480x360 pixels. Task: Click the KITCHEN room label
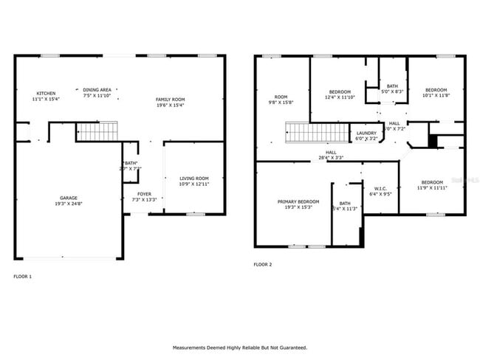(x=47, y=94)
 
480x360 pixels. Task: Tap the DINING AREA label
(x=97, y=89)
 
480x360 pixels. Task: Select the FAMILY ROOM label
(x=169, y=99)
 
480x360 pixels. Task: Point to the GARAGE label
(x=69, y=198)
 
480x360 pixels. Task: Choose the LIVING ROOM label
(x=194, y=178)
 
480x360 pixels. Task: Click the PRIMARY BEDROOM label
(x=298, y=201)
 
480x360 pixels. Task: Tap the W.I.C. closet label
(x=380, y=188)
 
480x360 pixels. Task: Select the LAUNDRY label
(x=366, y=133)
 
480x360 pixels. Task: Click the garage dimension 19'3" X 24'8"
(x=69, y=204)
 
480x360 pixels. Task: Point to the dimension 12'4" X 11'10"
(x=340, y=97)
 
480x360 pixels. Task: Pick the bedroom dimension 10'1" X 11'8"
(x=436, y=95)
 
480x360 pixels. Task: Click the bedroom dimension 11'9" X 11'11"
(x=432, y=188)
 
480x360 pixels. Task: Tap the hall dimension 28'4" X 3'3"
(x=332, y=158)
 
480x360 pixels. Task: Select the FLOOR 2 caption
(x=263, y=264)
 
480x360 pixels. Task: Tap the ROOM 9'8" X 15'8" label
(x=281, y=100)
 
